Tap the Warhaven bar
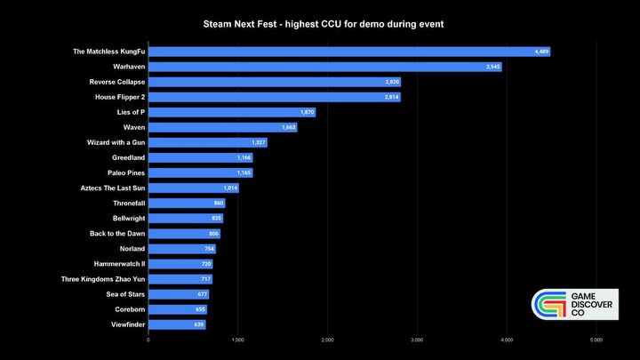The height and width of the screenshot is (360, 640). (324, 67)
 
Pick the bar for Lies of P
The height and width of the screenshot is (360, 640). (231, 112)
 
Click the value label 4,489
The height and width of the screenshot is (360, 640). (541, 52)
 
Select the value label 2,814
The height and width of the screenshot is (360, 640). (391, 97)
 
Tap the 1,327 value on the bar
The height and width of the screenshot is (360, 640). (258, 142)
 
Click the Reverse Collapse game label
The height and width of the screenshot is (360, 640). (117, 82)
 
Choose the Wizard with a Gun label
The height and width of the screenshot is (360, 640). (116, 142)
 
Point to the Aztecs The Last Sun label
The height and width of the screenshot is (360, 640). (113, 188)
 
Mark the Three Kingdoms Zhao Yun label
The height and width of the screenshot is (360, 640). (103, 279)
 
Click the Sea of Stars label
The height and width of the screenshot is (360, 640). (125, 294)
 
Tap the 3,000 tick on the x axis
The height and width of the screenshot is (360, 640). (417, 340)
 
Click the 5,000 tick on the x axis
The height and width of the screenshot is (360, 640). (596, 340)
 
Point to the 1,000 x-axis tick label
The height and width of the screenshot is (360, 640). (237, 340)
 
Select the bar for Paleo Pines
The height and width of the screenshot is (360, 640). (200, 172)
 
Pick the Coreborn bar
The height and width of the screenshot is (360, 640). (177, 309)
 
